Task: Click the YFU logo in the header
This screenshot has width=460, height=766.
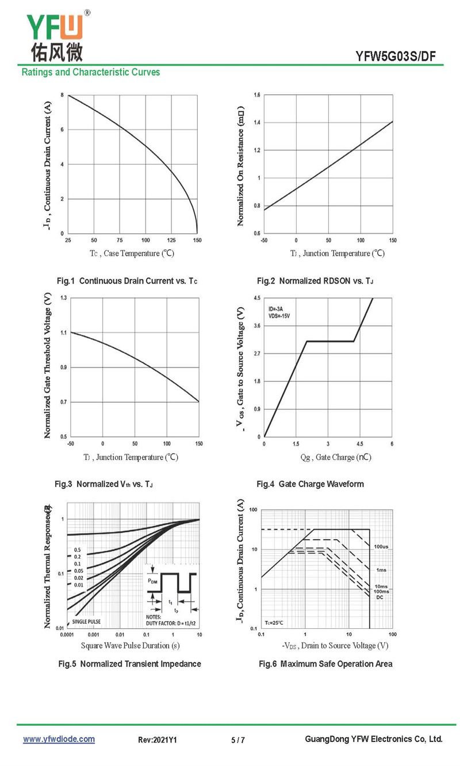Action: (56, 36)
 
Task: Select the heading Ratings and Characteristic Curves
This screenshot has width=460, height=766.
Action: (91, 72)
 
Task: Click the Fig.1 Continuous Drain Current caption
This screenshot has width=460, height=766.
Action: (127, 281)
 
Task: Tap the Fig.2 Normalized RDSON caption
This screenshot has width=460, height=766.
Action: (315, 281)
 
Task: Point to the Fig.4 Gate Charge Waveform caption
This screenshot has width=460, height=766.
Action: (310, 484)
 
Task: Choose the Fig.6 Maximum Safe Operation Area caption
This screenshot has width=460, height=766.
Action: (325, 664)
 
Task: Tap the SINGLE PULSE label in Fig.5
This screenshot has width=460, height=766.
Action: (86, 621)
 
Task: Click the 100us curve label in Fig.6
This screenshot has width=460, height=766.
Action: (381, 546)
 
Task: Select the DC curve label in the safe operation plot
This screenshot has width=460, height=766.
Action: (379, 597)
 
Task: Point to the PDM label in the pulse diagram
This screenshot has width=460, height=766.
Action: (153, 581)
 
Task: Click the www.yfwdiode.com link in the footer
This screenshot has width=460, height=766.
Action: (59, 739)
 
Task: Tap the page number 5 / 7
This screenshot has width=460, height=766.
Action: (238, 740)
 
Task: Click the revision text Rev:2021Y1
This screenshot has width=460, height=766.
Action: (158, 740)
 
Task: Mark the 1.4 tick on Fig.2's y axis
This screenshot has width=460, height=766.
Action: (257, 122)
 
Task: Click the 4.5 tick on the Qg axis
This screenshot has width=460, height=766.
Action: (360, 444)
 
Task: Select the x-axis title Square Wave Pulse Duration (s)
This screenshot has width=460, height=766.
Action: (130, 645)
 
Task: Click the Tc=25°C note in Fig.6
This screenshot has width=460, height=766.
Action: (274, 623)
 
